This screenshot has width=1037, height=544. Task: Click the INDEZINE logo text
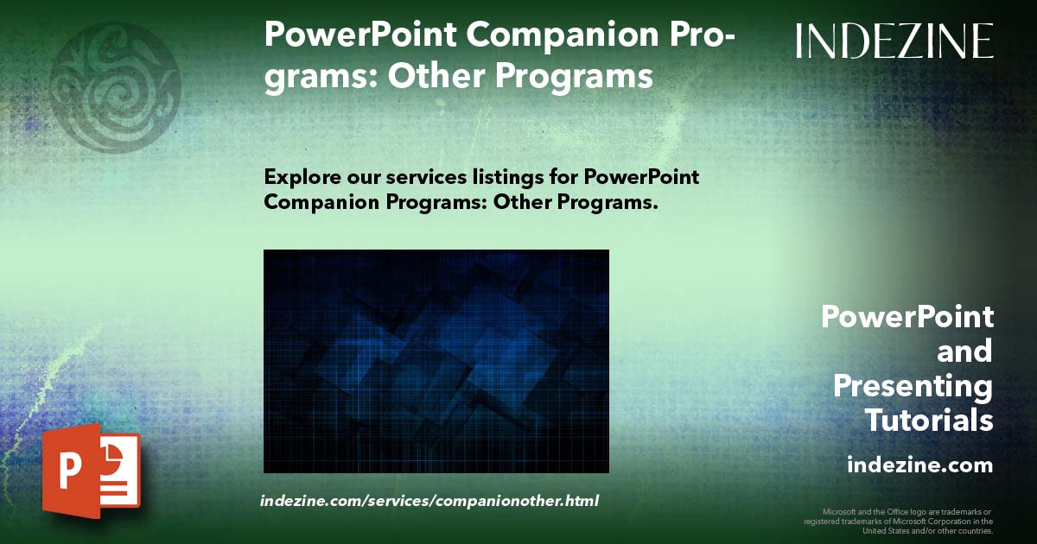(x=894, y=41)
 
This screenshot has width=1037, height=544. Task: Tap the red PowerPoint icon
(x=91, y=471)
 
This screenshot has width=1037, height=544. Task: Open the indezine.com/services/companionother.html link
(x=429, y=501)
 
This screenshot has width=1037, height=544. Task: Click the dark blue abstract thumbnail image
(x=436, y=361)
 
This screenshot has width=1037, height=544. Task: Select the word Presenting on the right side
(x=913, y=387)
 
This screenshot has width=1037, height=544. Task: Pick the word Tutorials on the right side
(x=929, y=421)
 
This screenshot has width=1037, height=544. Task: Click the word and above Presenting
(x=964, y=352)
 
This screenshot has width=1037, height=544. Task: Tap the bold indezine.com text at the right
(x=920, y=465)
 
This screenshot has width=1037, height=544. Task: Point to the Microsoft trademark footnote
(x=898, y=522)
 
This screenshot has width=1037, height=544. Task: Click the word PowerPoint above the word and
(x=907, y=317)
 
